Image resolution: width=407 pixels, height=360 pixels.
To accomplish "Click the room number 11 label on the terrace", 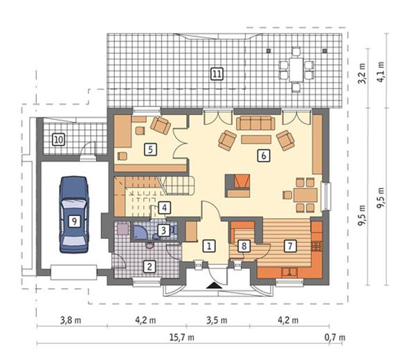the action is [217, 74].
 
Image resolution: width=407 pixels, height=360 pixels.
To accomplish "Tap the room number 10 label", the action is [59, 140].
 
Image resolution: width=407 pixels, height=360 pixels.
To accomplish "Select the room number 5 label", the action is [150, 150].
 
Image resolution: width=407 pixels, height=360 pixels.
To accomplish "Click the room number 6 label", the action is [264, 156].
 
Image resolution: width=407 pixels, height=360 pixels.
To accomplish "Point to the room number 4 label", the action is [164, 208].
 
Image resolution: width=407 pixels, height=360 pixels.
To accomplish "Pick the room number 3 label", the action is [164, 230].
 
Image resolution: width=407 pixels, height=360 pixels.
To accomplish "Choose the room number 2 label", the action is [150, 267].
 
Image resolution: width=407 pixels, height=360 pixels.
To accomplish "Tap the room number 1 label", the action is [209, 246].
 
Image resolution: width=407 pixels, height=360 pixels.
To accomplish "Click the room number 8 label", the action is [244, 246].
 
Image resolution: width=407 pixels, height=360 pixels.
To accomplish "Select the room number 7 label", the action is [290, 246].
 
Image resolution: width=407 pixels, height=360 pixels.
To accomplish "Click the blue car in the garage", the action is [74, 215].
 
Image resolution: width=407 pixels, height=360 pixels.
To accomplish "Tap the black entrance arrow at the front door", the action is [214, 285].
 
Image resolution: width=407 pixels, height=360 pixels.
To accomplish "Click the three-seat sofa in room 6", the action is [255, 123].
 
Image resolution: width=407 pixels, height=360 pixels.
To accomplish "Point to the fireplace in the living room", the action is [237, 186].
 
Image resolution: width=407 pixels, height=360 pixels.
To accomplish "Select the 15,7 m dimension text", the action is [181, 337].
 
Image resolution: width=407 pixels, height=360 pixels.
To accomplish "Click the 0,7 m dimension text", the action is [335, 337].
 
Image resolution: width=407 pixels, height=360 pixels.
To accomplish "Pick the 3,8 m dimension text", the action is [71, 321].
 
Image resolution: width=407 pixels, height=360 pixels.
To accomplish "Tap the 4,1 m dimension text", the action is [381, 72].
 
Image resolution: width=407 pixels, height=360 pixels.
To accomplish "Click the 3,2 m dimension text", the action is [362, 73].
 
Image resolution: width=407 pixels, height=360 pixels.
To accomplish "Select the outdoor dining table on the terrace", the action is [296, 69].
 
